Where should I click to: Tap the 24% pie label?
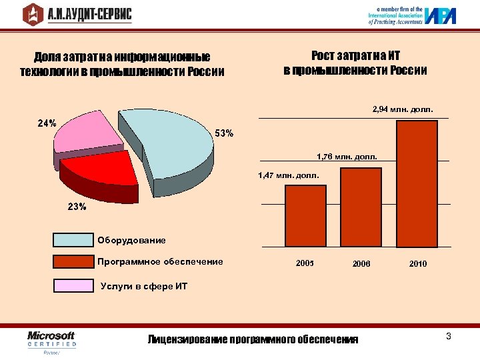[x=46, y=124]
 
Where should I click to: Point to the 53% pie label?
[x=224, y=133]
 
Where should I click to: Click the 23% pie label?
[x=77, y=207]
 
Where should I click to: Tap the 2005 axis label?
[x=305, y=264]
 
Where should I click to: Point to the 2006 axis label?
[x=361, y=264]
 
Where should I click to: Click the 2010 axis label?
[x=418, y=264]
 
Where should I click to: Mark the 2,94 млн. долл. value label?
[x=403, y=108]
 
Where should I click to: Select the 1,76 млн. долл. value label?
[x=347, y=157]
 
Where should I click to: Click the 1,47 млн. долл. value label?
[x=289, y=175]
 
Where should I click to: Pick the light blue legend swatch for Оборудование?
[x=73, y=240]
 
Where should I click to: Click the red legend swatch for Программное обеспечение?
[x=73, y=261]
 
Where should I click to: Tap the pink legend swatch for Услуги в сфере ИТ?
[x=73, y=285]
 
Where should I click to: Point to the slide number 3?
[x=449, y=336]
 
